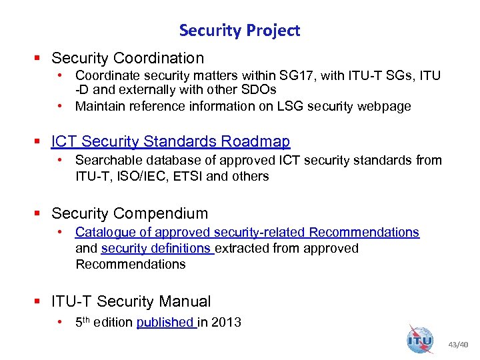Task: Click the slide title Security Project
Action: [239, 30]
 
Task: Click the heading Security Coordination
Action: [127, 59]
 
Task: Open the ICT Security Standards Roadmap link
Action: [171, 141]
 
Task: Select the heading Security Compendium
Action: [129, 213]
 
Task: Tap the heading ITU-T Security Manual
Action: [131, 301]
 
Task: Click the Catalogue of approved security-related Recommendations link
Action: [247, 232]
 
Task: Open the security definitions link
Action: [156, 248]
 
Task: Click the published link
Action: [165, 322]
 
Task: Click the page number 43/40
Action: [458, 345]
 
